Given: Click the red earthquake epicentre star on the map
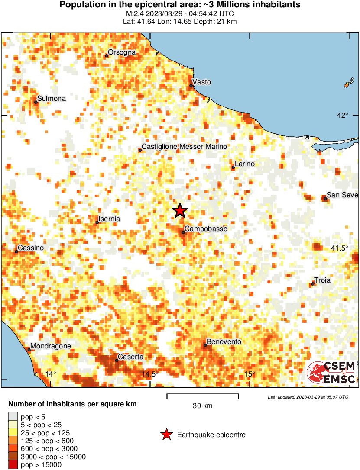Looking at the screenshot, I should [x=180, y=211].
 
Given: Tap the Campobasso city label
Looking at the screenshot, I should [x=206, y=229].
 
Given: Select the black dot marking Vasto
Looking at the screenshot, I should [x=191, y=86].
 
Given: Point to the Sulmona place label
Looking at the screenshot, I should [x=52, y=99].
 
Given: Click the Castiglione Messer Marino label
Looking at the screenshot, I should [x=185, y=147].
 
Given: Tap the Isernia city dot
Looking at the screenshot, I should [x=97, y=222].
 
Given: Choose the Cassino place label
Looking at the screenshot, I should [x=31, y=248].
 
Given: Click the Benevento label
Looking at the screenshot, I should [x=224, y=342].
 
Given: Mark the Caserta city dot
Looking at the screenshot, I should [x=117, y=360].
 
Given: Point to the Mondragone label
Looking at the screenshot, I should [x=51, y=346].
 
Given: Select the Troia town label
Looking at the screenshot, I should [x=322, y=280].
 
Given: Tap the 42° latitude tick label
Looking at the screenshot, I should [x=343, y=115].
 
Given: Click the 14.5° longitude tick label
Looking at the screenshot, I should [x=150, y=374].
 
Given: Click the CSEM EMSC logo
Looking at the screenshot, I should [x=331, y=372].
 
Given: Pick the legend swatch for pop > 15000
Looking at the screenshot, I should [x=13, y=465].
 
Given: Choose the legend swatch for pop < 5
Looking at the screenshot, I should [x=13, y=417].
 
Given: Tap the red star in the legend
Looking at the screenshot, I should [x=166, y=435].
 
